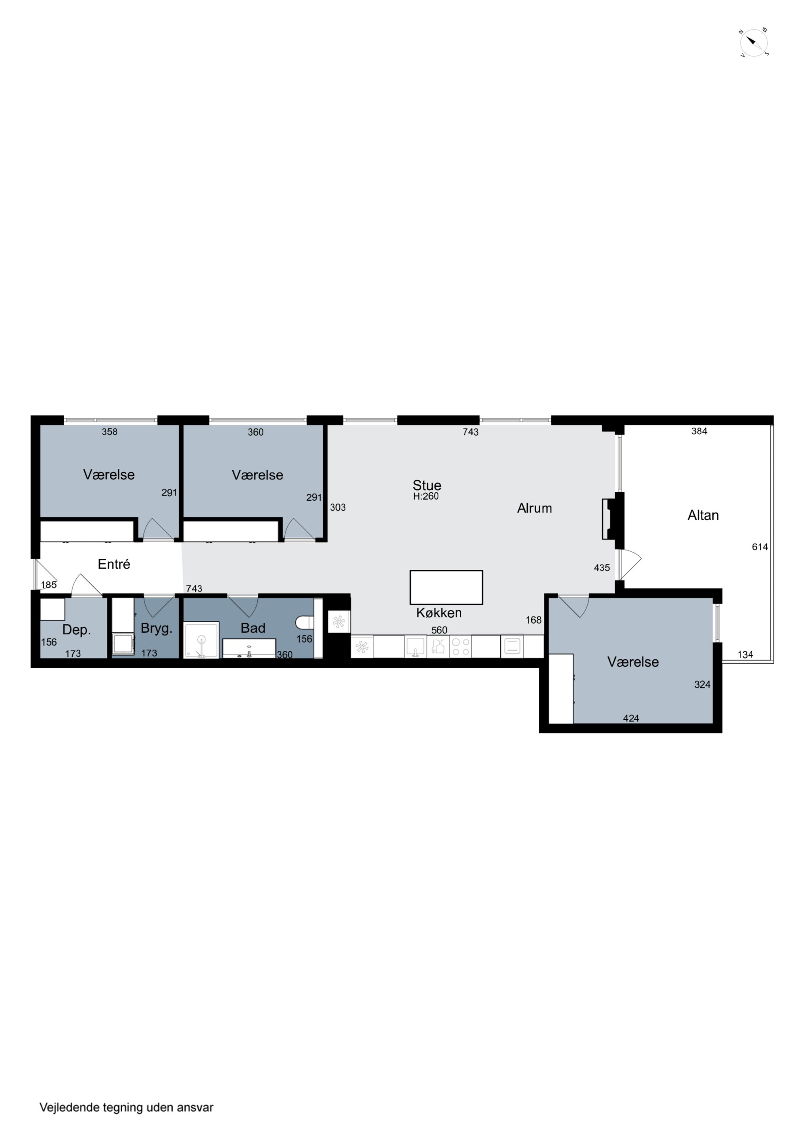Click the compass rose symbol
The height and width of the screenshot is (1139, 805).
pos(754,43)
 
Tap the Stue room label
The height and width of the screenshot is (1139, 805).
pos(427,485)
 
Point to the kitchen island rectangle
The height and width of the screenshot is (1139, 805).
pos(446,587)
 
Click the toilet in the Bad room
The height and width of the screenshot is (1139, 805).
pos(304,623)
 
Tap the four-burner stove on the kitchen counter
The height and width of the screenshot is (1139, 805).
pos(460,647)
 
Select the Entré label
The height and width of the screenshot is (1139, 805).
pos(114,564)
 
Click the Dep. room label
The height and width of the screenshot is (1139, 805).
pos(76,630)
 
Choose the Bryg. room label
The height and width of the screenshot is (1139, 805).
pos(156,628)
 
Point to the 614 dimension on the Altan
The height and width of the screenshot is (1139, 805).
pos(760,547)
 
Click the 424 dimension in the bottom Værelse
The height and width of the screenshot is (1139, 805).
pos(631,718)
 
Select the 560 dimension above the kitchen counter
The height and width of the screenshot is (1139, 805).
pos(439,630)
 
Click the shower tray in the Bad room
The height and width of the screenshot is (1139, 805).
pos(202,640)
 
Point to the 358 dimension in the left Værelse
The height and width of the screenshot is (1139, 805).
pos(110,432)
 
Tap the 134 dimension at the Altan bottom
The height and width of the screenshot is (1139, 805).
pos(745,654)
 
